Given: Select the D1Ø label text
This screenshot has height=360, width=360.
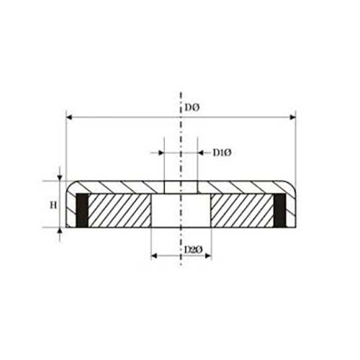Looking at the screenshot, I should tap(221, 152).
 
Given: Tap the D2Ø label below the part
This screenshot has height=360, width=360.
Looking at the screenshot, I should tap(192, 250).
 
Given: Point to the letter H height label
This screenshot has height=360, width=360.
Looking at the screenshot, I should tap(53, 205).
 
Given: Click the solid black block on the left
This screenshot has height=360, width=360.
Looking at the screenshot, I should tap(82, 211).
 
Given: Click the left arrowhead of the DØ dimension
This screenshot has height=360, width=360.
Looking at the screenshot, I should tap(68, 114).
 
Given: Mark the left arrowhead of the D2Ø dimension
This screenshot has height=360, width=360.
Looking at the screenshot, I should tap(153, 256).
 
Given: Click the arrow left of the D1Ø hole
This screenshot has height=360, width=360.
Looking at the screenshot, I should tap(159, 153).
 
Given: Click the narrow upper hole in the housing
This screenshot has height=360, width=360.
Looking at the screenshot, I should tap(181, 187).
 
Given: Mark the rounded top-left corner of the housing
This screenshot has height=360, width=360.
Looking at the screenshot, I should tap(70, 185).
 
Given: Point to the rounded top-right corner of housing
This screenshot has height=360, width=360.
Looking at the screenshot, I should tap(292, 185).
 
